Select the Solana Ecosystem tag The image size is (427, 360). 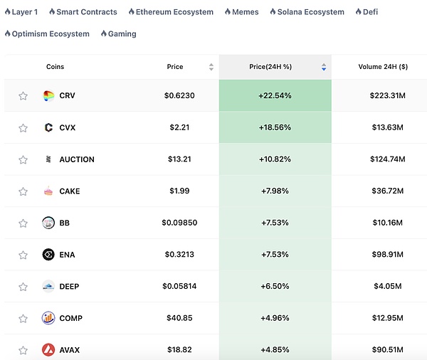[x=310, y=12]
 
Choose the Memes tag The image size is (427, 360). [x=244, y=12]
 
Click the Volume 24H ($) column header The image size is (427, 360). [x=383, y=67]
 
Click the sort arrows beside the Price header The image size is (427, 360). [x=211, y=67]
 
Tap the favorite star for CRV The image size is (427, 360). [x=23, y=96]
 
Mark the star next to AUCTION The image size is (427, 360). [x=23, y=159]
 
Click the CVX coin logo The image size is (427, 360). [x=48, y=127]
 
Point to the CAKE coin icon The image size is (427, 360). [x=48, y=191]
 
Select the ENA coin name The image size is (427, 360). [x=68, y=255]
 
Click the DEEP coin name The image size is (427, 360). [x=70, y=286]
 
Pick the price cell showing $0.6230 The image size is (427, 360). [x=179, y=95]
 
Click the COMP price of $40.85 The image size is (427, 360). [x=179, y=318]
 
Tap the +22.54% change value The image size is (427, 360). [x=275, y=95]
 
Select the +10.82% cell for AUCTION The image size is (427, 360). [x=275, y=159]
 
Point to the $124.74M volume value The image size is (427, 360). [x=387, y=159]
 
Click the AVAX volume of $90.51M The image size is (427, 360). [x=387, y=350]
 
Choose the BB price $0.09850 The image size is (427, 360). [x=179, y=223]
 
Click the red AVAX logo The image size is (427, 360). [x=48, y=350]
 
